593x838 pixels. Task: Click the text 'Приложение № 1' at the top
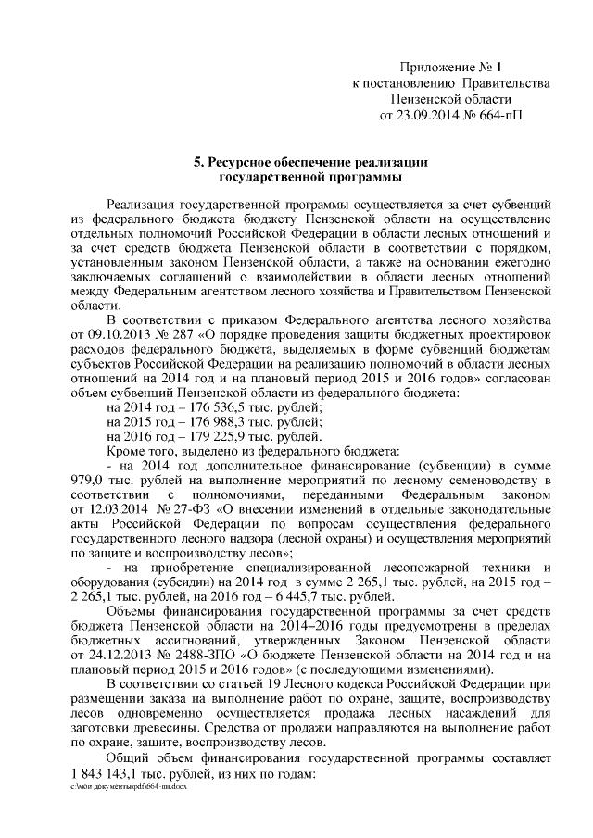[x=450, y=68]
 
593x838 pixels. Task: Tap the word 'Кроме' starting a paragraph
[x=125, y=453]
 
